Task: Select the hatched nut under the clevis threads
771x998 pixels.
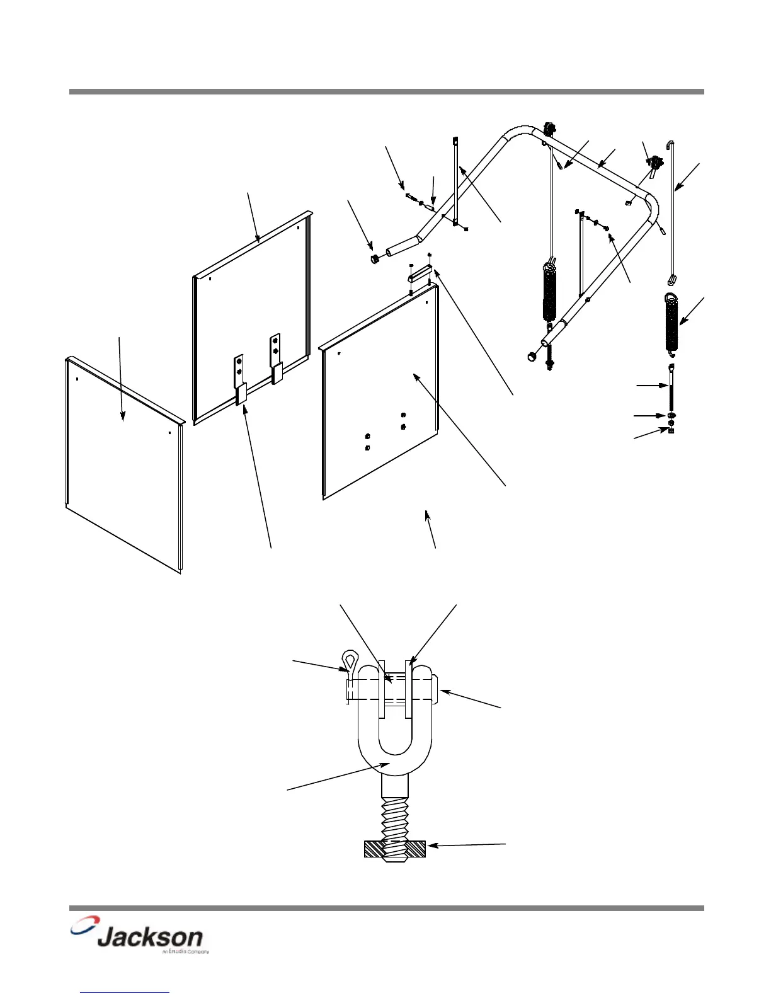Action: [x=395, y=849]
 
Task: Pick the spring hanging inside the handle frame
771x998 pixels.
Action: [x=550, y=293]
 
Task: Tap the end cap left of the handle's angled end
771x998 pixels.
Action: [x=373, y=259]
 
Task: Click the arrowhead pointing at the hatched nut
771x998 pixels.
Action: [x=431, y=846]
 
